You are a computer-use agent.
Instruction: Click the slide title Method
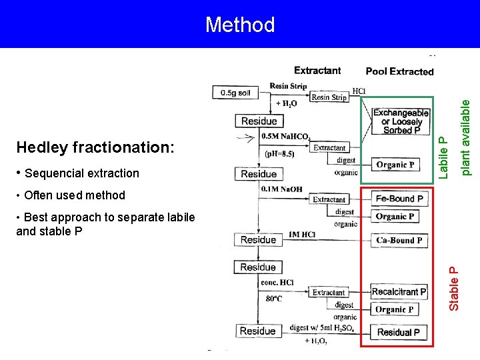[240, 25]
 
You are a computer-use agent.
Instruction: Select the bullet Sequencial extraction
[77, 173]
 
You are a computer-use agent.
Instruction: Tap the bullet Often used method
[71, 195]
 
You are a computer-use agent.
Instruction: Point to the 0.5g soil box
[235, 93]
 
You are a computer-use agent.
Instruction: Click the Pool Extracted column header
[399, 71]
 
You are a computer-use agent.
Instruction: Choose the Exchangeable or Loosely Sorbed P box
[401, 122]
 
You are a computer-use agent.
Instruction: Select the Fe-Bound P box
[399, 198]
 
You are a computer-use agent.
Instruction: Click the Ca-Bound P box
[399, 240]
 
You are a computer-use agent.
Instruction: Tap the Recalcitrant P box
[399, 291]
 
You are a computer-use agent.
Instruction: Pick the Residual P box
[399, 332]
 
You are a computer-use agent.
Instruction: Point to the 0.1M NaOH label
[281, 189]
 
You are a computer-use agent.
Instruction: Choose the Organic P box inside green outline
[395, 165]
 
